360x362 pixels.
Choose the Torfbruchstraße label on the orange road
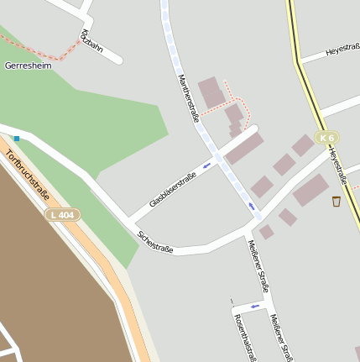[x=27, y=176]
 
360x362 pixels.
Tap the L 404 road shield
[x=62, y=215]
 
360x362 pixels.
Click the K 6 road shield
[x=326, y=137]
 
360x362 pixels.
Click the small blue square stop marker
[x=16, y=138]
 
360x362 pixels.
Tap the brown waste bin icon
[x=337, y=201]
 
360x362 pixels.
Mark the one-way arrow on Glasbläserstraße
[x=206, y=165]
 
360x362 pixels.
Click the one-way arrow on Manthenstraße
[x=250, y=206]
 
